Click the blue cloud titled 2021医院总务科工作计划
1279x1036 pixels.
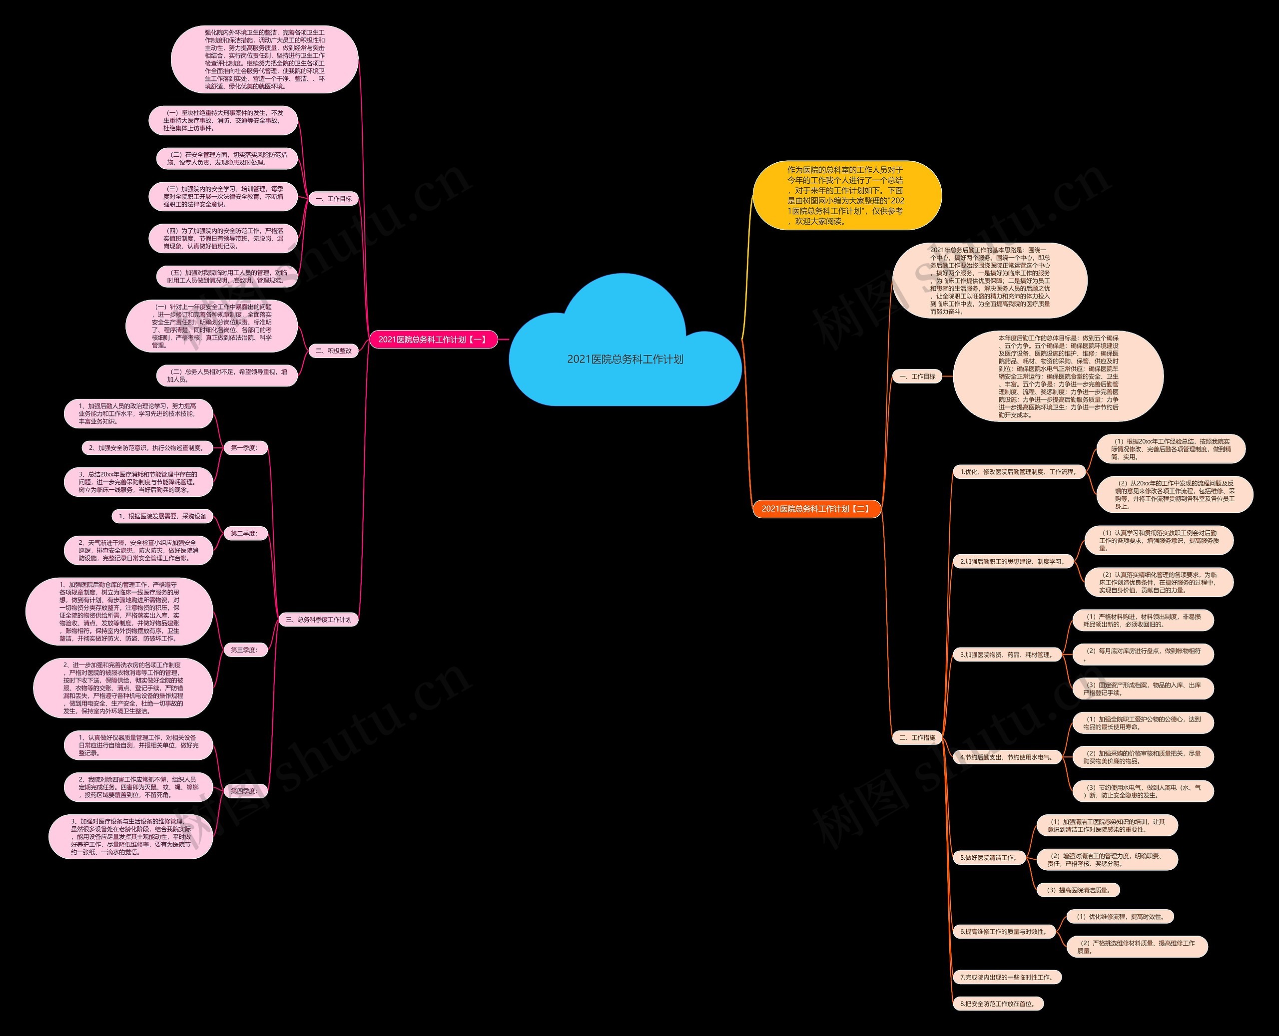click(625, 358)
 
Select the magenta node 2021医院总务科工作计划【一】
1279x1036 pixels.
click(433, 340)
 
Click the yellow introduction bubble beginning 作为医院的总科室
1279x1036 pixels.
click(846, 195)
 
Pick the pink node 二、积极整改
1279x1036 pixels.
click(333, 351)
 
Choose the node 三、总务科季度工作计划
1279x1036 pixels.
click(319, 620)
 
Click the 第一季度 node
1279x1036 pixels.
click(244, 447)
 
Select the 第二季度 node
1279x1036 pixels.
click(244, 533)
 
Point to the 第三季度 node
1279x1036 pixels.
click(244, 650)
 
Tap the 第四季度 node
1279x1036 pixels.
click(244, 791)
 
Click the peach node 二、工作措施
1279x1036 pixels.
click(917, 737)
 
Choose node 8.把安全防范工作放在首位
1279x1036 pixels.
click(998, 1004)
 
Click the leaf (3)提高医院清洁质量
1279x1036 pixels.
click(1078, 890)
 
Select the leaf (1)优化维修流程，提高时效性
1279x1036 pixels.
click(1121, 917)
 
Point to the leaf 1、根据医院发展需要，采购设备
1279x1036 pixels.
click(162, 516)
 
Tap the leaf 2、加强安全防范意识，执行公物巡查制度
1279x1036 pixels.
click(147, 447)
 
